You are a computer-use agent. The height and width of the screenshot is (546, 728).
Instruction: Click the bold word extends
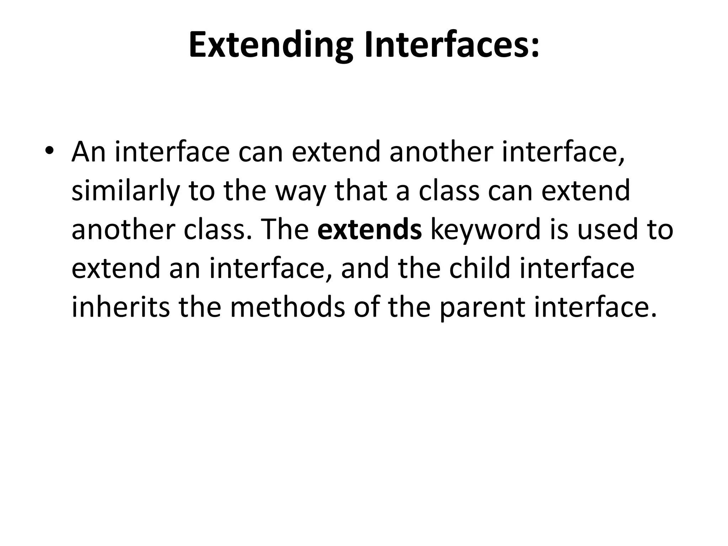pyautogui.click(x=370, y=229)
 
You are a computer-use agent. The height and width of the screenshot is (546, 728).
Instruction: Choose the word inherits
pyautogui.click(x=121, y=306)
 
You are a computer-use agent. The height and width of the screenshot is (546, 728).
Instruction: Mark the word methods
pyautogui.click(x=288, y=306)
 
